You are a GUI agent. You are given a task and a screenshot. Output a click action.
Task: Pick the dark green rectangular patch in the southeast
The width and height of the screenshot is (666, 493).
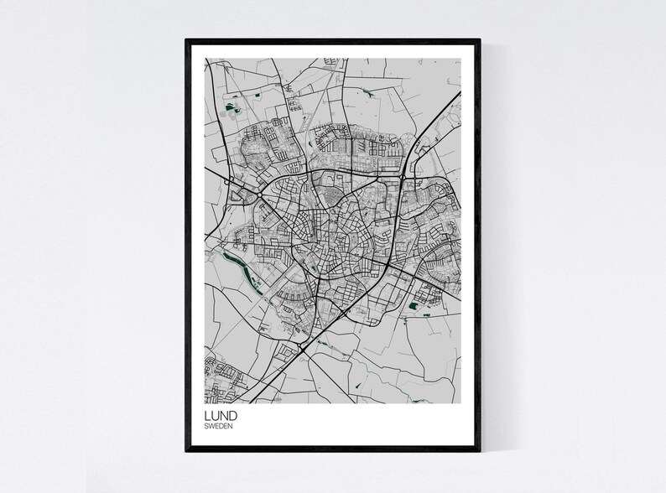click(x=413, y=308)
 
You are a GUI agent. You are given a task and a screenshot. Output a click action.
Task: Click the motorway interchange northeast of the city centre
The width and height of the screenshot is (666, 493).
click(x=403, y=177)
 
